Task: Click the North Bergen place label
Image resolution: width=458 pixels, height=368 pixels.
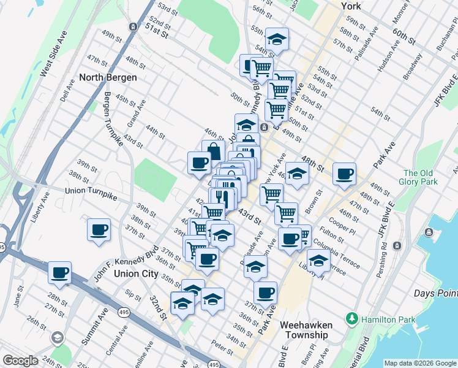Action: [108, 78]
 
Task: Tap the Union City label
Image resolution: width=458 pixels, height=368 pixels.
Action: [135, 274]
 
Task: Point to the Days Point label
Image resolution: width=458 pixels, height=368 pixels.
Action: [435, 294]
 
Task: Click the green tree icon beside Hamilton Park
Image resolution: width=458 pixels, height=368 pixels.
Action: [352, 319]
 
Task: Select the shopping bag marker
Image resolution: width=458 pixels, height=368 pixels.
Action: [213, 151]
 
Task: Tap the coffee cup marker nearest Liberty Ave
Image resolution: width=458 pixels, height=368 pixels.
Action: [99, 230]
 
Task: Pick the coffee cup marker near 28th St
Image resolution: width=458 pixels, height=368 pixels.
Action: [59, 273]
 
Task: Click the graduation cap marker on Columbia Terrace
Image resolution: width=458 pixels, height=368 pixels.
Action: [318, 260]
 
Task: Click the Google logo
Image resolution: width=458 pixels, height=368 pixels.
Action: [20, 361]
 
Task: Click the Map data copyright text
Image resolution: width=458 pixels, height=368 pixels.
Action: [419, 363]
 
